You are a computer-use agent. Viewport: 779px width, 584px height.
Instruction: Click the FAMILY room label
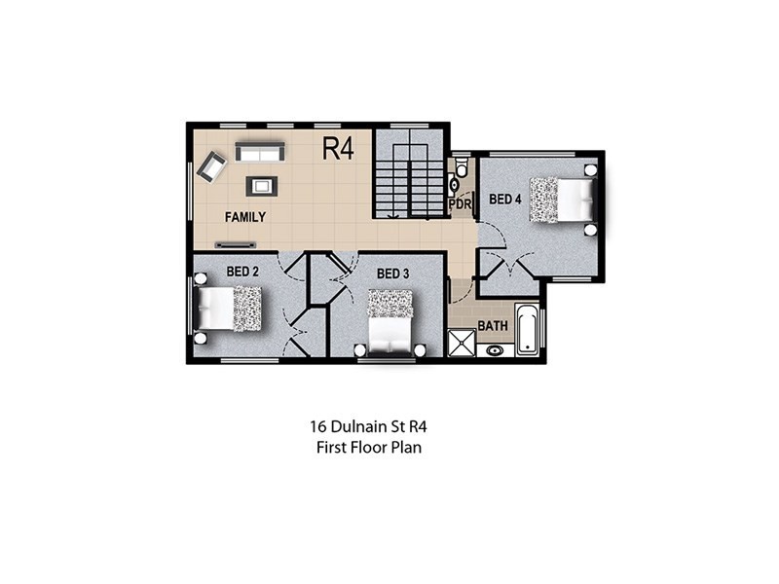coord(245,217)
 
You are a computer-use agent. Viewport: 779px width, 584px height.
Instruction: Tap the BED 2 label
coord(241,271)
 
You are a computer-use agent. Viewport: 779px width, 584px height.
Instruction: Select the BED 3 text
coord(391,274)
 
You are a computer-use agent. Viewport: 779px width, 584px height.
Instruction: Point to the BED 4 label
coord(504,200)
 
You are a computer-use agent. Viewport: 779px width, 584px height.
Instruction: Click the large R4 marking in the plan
coord(338,149)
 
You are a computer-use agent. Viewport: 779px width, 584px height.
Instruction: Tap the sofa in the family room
coord(260,152)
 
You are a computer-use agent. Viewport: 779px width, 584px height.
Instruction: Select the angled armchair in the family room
coord(211,168)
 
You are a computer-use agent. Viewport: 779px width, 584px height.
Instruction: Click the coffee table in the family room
coord(262,185)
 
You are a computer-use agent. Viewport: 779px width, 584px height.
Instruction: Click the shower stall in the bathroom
coord(460,343)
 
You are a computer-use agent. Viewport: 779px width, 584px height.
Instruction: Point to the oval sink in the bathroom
coord(494,349)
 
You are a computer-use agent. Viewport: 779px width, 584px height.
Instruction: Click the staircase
coord(409,175)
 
